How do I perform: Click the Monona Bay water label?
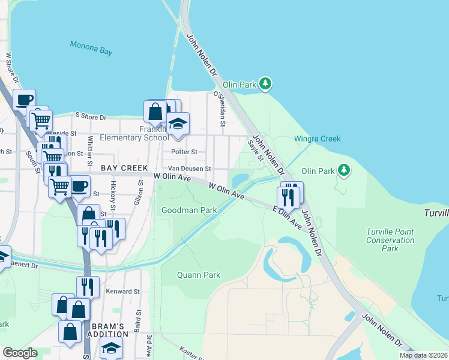click(91, 47)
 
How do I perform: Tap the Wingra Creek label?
click(317, 139)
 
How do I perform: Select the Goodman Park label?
click(189, 210)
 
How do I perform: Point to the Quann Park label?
click(198, 275)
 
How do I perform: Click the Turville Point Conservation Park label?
click(390, 240)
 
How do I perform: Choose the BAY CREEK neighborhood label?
click(125, 168)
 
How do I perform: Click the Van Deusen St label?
click(189, 169)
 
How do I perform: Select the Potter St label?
click(184, 152)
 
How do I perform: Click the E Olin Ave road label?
click(286, 217)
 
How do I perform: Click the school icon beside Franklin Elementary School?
click(178, 123)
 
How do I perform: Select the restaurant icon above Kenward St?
click(88, 287)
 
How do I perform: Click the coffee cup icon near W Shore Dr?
click(24, 100)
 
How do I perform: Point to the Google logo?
click(20, 352)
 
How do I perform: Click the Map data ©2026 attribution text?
click(423, 355)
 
